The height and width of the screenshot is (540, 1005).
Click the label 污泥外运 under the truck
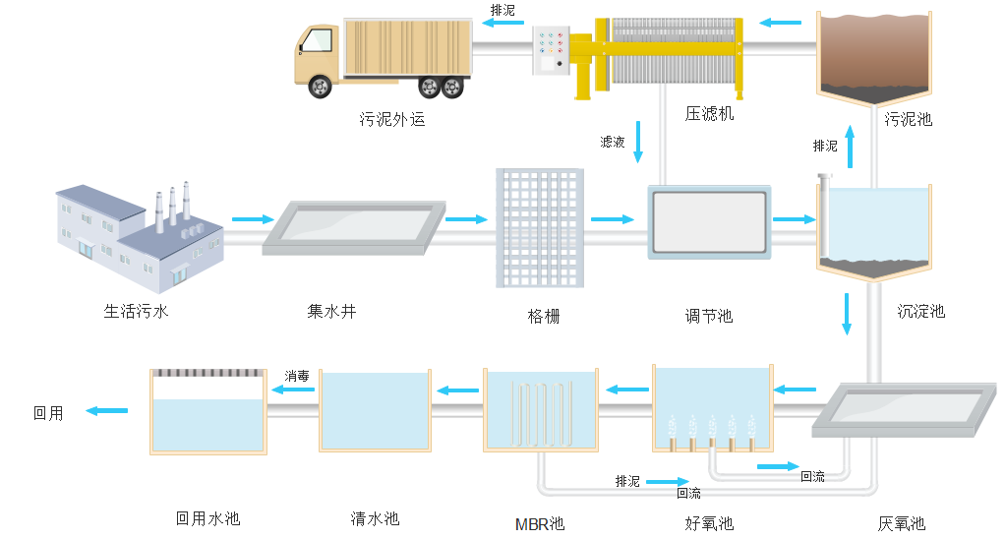[x=391, y=121]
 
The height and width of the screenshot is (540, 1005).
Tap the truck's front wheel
[x=321, y=88]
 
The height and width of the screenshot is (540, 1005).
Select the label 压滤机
[x=709, y=114]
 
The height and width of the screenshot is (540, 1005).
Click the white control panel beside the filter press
[x=549, y=51]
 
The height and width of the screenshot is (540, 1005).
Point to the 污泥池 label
[x=908, y=120]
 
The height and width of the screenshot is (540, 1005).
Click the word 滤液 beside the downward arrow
[x=613, y=142]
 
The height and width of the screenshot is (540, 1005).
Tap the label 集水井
[x=331, y=312]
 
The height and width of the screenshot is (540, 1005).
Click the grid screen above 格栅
[x=539, y=227]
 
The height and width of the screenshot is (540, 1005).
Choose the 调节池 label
[x=709, y=316]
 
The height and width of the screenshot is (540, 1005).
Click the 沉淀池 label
[x=920, y=312]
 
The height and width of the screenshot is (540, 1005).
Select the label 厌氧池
[x=901, y=524]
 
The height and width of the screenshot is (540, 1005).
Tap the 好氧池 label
[x=709, y=523]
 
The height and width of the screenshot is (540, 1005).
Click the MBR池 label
[x=540, y=523]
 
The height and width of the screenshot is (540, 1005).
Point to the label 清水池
[x=375, y=518]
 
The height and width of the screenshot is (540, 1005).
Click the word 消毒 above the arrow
[x=297, y=376]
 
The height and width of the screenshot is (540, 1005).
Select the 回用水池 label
[x=207, y=518]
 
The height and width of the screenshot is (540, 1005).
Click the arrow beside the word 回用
[x=107, y=410]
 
